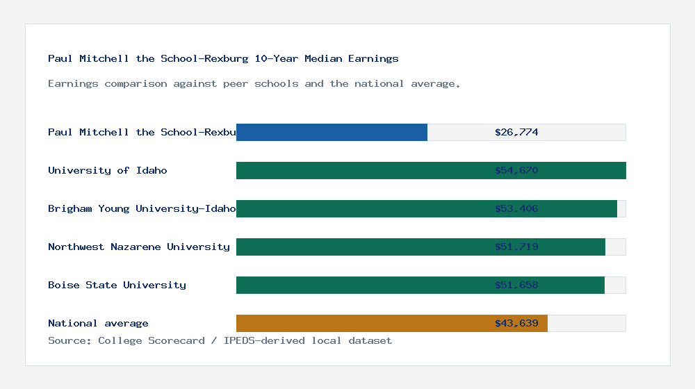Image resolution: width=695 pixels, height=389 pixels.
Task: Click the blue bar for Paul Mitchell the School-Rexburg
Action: pos(332,132)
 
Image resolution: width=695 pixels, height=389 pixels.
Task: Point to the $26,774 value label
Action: pos(516,132)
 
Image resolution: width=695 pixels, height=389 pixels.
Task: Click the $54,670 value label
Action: pos(516,170)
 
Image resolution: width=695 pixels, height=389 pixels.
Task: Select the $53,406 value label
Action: pos(516,208)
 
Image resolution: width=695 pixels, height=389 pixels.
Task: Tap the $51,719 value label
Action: pos(516,247)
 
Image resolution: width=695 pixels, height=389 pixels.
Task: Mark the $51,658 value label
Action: pos(516,285)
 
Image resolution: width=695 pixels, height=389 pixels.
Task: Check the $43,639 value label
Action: pos(516,323)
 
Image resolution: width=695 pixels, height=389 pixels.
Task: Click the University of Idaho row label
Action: pos(108,170)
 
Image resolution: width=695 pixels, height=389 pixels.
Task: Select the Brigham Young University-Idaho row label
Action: pos(142,208)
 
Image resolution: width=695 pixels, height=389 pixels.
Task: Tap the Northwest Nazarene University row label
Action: pos(139,247)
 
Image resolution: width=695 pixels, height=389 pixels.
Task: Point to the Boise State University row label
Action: pos(117,285)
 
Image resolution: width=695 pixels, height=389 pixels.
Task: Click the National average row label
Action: pos(98,323)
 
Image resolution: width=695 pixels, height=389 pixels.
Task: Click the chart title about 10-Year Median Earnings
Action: pos(223,58)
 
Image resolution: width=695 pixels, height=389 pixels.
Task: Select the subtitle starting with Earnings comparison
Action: pos(254,83)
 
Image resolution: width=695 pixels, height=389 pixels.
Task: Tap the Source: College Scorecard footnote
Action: pos(220,340)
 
